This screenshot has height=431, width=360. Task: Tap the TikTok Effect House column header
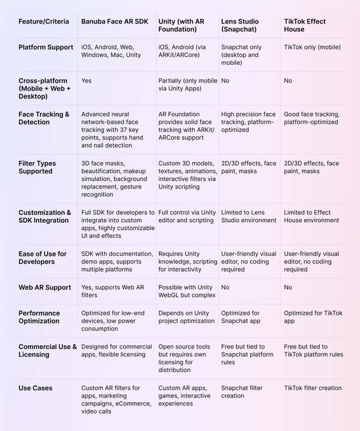(305, 25)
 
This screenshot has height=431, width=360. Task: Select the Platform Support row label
(46, 48)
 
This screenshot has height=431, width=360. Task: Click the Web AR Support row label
(44, 288)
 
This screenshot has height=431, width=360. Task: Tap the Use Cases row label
(36, 388)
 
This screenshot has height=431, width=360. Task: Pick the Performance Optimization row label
(39, 317)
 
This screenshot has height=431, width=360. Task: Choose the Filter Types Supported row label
(37, 167)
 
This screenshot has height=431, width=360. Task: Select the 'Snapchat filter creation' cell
(243, 392)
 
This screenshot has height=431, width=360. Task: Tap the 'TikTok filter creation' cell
(312, 388)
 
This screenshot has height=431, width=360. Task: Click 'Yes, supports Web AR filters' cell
(112, 291)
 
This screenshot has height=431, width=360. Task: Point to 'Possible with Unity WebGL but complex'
(187, 291)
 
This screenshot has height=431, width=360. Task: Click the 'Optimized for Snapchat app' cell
(240, 317)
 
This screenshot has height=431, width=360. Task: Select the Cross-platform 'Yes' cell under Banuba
(87, 81)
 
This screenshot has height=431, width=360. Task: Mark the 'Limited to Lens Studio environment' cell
(248, 216)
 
